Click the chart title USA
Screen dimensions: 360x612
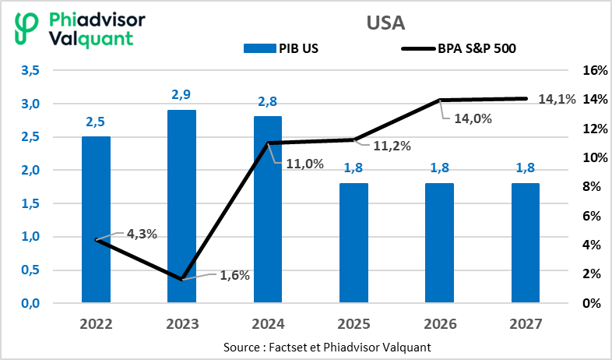pos(385,22)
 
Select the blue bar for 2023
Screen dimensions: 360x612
pos(181,206)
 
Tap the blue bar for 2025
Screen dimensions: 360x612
pos(353,242)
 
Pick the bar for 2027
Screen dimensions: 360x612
pos(525,242)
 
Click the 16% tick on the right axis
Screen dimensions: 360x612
pos(595,71)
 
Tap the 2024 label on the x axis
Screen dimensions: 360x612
pos(268,323)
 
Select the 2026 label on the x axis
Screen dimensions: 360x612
pos(439,323)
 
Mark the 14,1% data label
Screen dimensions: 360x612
pos(557,99)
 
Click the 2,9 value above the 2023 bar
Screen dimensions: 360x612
pos(181,95)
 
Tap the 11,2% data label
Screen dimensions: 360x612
pos(393,146)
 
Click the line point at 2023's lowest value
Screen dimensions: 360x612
pos(181,279)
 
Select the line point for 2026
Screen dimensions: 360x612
pos(439,100)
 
